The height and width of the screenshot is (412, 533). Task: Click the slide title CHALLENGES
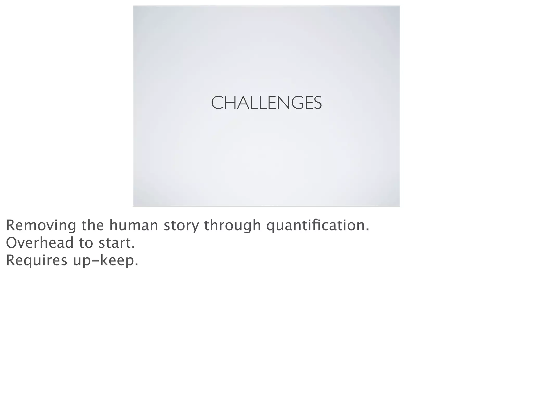(266, 103)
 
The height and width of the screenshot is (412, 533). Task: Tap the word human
(134, 225)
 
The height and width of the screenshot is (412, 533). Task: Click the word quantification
(315, 226)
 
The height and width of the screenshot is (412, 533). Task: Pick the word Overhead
(40, 243)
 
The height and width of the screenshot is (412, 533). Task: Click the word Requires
(36, 260)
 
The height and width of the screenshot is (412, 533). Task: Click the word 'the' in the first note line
(93, 225)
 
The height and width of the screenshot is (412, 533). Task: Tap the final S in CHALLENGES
(317, 103)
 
